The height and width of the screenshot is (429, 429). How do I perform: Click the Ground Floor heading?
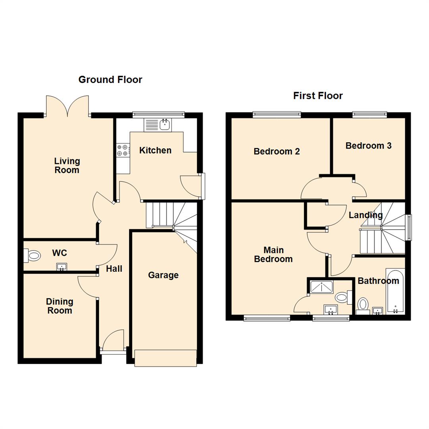click(110, 79)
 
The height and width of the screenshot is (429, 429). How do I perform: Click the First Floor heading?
click(318, 96)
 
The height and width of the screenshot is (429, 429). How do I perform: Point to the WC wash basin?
click(61, 267)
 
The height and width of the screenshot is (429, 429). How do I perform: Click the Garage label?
click(163, 275)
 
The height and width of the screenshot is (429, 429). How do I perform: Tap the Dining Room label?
click(60, 306)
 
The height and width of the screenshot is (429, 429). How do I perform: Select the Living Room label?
click(67, 166)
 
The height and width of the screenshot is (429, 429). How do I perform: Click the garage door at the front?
click(166, 357)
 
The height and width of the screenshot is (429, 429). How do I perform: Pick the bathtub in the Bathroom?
click(395, 292)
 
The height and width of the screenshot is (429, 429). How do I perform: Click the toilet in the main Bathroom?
click(363, 305)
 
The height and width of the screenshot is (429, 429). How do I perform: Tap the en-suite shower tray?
click(321, 287)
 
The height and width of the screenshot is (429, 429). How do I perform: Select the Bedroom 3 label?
click(368, 146)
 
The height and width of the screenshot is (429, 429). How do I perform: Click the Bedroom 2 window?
click(277, 115)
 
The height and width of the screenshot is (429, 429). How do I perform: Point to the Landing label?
click(365, 215)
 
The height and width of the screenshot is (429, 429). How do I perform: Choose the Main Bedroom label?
click(273, 255)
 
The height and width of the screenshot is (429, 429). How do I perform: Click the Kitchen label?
click(155, 151)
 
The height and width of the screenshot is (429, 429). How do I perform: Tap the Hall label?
click(114, 269)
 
